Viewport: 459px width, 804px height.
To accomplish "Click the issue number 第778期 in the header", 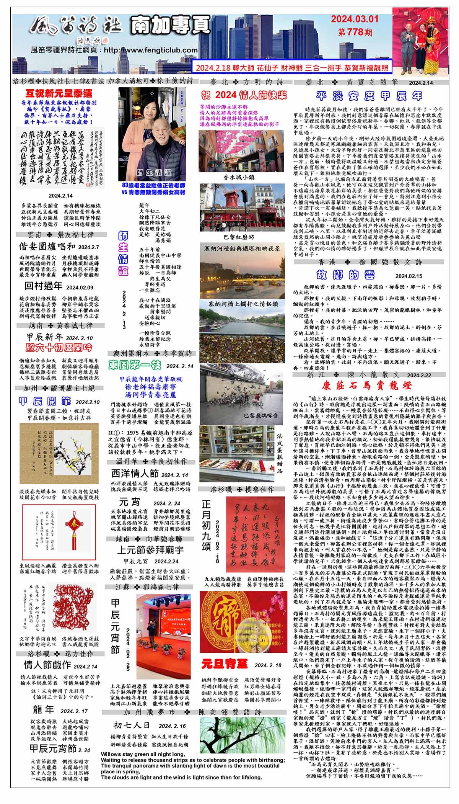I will click(355, 32).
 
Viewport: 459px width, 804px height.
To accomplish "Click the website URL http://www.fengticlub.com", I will click(151, 50).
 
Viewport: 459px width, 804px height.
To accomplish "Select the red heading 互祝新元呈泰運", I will click(59, 93).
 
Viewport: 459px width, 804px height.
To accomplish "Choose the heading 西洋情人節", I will click(135, 474).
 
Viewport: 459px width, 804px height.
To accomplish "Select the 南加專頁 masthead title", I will click(170, 26).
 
